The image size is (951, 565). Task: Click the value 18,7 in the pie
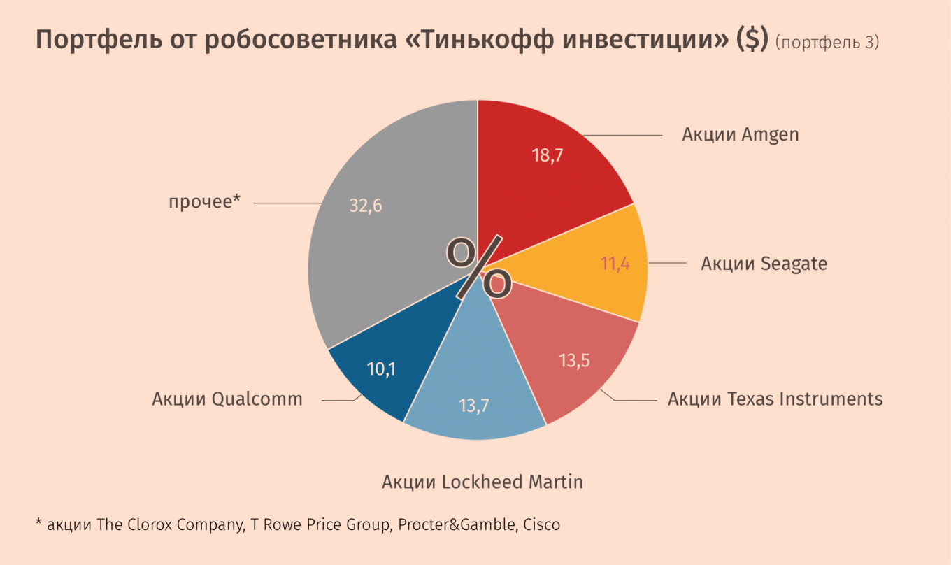coord(548,155)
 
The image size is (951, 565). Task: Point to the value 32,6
coord(366,206)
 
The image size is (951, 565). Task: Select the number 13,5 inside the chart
coord(575,361)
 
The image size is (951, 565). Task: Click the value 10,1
coord(381,369)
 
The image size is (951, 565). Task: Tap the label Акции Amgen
coord(740,134)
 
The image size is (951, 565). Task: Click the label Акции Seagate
coord(764,264)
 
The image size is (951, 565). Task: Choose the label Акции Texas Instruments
coord(775,399)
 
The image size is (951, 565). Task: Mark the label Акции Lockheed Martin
coord(482,482)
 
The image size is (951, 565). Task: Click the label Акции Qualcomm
coord(227,399)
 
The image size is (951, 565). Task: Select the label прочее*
coord(204,202)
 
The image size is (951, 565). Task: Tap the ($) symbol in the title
coord(751,41)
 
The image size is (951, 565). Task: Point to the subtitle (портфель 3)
coord(827,43)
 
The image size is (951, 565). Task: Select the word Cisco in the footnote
coord(541,524)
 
